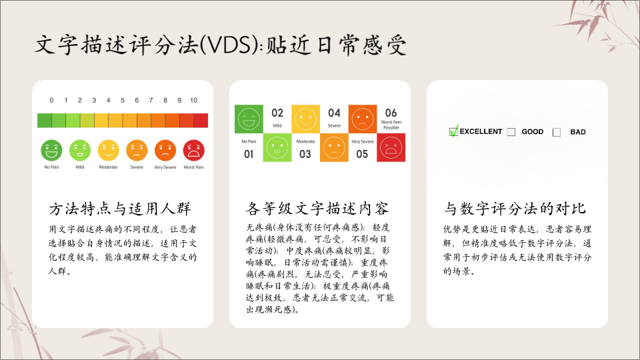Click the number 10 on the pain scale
(x=193, y=101)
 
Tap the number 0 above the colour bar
(x=51, y=101)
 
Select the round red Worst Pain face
(x=193, y=150)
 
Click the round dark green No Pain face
(x=51, y=150)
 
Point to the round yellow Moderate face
(x=108, y=150)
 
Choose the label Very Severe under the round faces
(x=165, y=167)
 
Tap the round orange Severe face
(x=137, y=150)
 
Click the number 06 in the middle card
(x=391, y=113)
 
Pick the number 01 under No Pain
(x=249, y=154)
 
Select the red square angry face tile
(x=391, y=147)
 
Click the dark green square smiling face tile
(x=249, y=119)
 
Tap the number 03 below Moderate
(x=305, y=154)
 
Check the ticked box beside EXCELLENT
(x=453, y=131)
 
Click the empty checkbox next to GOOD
(x=511, y=132)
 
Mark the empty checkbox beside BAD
(x=556, y=132)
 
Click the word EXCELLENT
(x=481, y=131)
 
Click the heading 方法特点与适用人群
(x=120, y=209)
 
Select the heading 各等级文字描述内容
(x=317, y=209)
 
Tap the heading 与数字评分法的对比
(x=515, y=209)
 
